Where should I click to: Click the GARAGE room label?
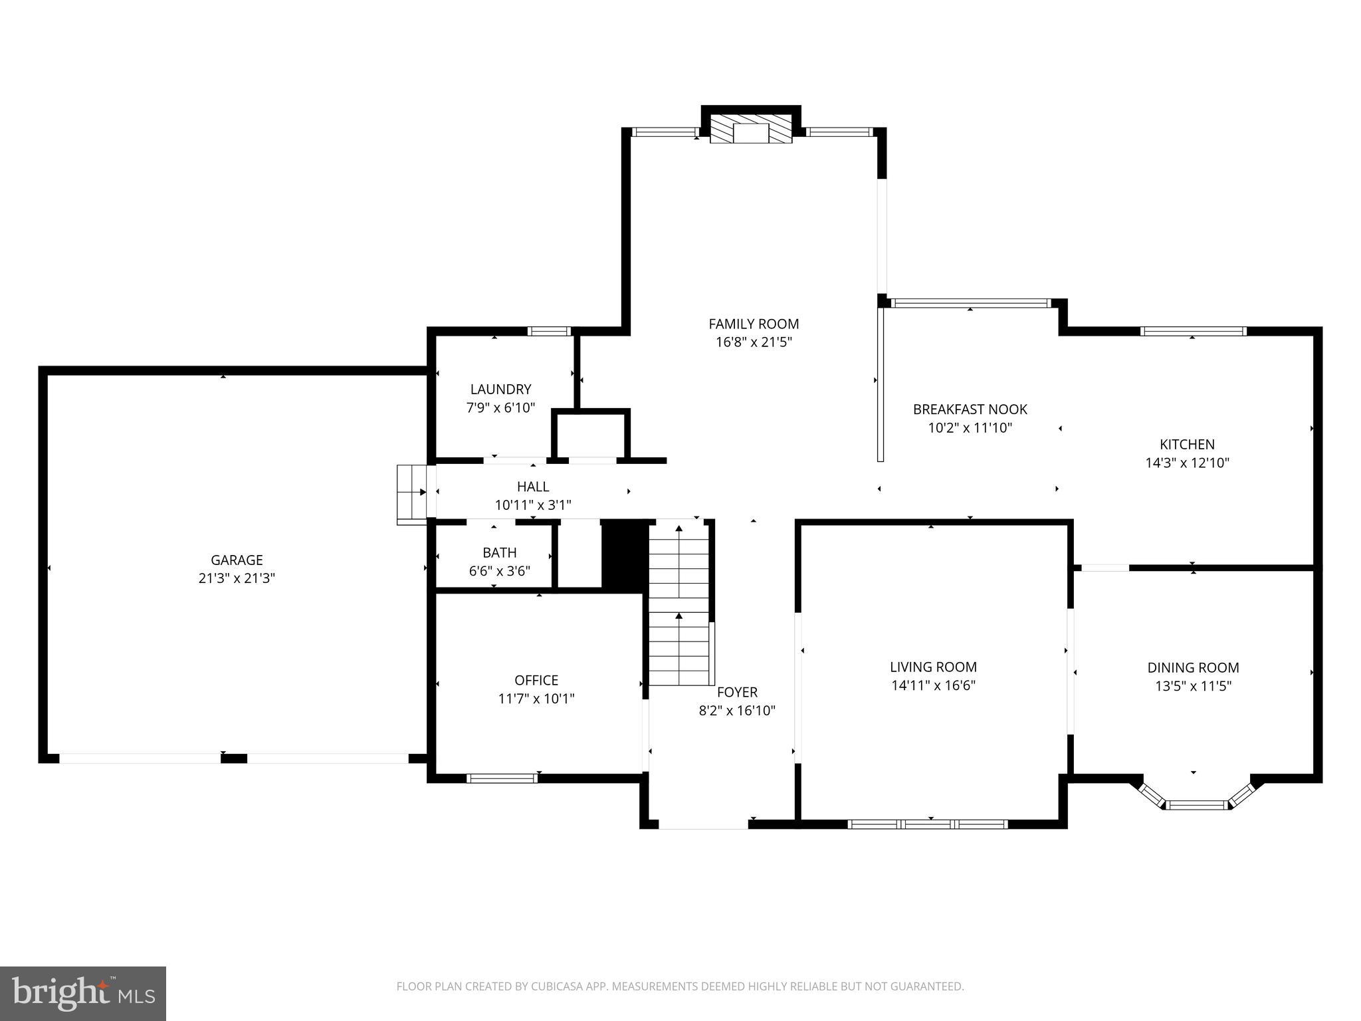pos(237,560)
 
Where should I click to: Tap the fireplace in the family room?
pos(751,131)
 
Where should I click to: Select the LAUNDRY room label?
pos(500,390)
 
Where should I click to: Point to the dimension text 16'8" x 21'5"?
pos(754,342)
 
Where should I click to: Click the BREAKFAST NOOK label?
pos(970,409)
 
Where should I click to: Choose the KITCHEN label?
pos(1187,444)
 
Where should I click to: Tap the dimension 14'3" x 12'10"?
pos(1187,463)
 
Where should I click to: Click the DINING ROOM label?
pos(1193,667)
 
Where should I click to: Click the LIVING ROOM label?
pos(933,667)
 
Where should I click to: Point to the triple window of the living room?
pos(928,824)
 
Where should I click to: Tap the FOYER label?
pos(737,692)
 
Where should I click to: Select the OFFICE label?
pos(536,680)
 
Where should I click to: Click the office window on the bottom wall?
pos(502,778)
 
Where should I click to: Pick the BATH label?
pos(499,552)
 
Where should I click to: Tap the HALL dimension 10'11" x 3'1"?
pos(532,505)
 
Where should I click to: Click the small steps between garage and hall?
pos(412,494)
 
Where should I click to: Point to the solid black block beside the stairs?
pos(624,554)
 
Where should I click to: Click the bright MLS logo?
pos(82,993)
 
